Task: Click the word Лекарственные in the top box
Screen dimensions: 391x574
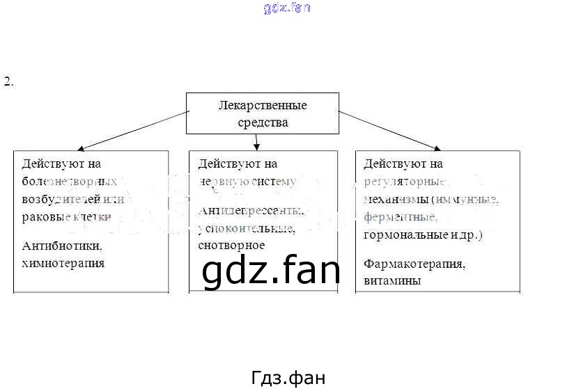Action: [262, 106]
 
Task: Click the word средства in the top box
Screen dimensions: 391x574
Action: [262, 122]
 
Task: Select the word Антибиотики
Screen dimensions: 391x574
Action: [62, 246]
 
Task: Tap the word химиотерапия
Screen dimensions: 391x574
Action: [63, 263]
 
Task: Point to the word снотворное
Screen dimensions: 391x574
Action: [231, 245]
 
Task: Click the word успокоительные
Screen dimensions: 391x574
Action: [246, 228]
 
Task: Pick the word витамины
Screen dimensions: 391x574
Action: [392, 281]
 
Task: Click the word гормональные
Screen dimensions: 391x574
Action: [401, 234]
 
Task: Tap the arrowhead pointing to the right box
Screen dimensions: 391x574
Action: [437, 147]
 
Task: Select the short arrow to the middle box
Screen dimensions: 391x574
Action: [257, 142]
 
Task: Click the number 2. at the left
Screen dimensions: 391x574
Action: [8, 82]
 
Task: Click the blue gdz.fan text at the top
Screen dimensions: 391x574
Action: [287, 8]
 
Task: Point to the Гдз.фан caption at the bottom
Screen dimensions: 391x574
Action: [288, 378]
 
